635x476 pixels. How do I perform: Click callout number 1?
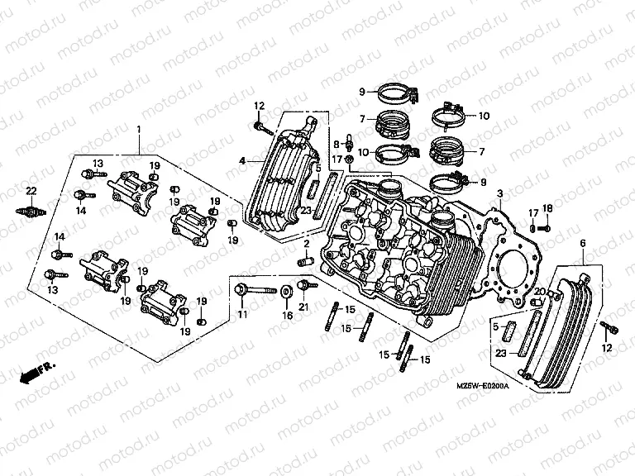pyautogui.click(x=138, y=130)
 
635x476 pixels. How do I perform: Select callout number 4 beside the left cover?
pyautogui.click(x=241, y=160)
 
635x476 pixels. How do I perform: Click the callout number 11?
pyautogui.click(x=241, y=316)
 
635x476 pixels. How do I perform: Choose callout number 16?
pyautogui.click(x=287, y=316)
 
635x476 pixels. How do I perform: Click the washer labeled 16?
pyautogui.click(x=286, y=291)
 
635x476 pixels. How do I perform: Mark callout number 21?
pyautogui.click(x=303, y=308)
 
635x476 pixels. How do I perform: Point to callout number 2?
pyautogui.click(x=305, y=245)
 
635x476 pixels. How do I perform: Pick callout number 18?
pyautogui.click(x=547, y=207)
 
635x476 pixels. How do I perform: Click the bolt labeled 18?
pyautogui.click(x=547, y=226)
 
